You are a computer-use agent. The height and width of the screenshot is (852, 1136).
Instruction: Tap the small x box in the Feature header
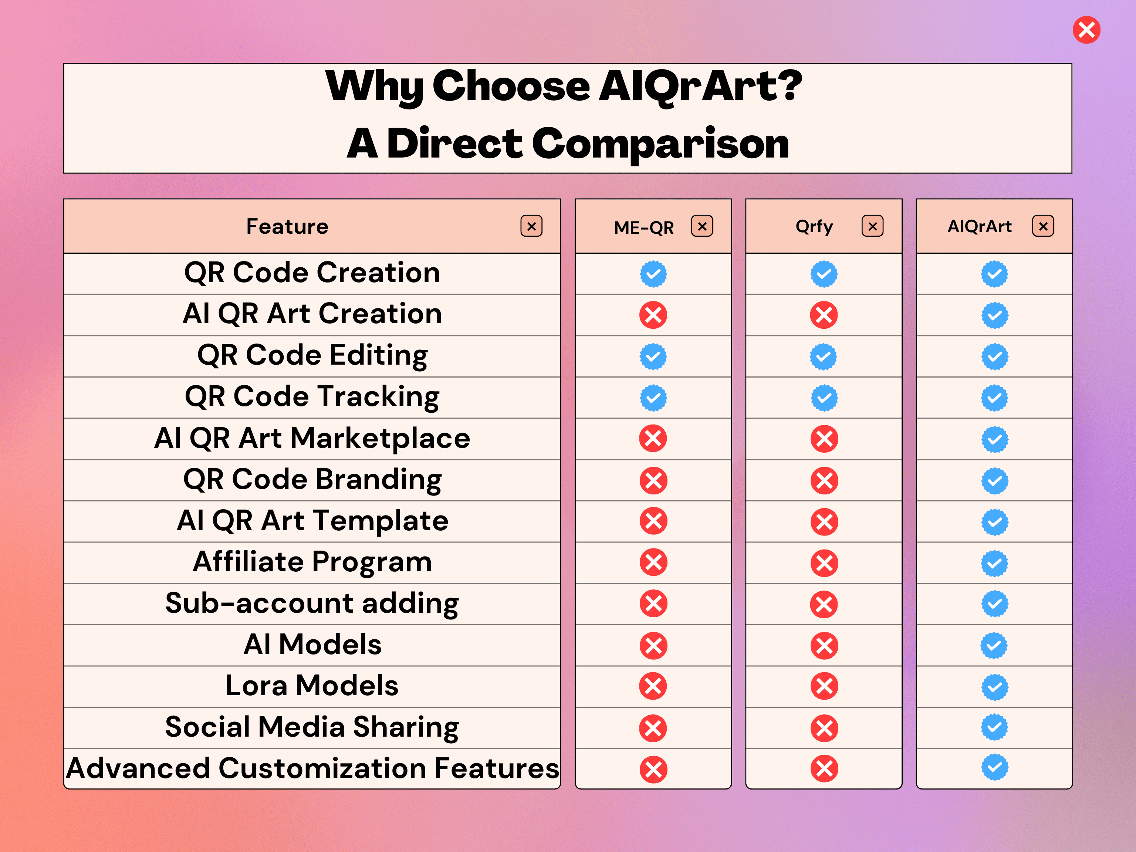(531, 226)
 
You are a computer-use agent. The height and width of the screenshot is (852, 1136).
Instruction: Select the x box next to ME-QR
(702, 226)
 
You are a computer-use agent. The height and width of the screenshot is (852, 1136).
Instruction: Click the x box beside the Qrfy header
(873, 226)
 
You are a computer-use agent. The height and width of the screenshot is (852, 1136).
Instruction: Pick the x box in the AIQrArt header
(1043, 226)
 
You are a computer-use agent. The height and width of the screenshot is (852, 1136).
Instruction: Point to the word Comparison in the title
(660, 144)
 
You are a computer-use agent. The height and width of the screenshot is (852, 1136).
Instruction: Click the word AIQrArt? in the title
(700, 86)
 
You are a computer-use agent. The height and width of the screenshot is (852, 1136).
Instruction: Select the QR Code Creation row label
(312, 272)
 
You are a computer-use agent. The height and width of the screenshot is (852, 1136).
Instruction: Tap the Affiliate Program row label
(312, 561)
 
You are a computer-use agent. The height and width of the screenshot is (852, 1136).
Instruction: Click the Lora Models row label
(312, 685)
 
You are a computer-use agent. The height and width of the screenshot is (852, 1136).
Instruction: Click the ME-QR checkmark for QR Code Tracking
(653, 398)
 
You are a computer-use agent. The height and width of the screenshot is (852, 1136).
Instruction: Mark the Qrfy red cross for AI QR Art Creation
(824, 315)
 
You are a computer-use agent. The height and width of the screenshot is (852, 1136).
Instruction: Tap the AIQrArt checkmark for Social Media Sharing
(994, 727)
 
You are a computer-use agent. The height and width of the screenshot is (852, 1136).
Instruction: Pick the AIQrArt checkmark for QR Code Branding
(994, 481)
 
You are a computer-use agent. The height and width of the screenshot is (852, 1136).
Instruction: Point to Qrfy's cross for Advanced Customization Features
(824, 769)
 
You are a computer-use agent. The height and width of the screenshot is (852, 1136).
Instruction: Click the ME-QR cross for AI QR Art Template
(653, 521)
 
